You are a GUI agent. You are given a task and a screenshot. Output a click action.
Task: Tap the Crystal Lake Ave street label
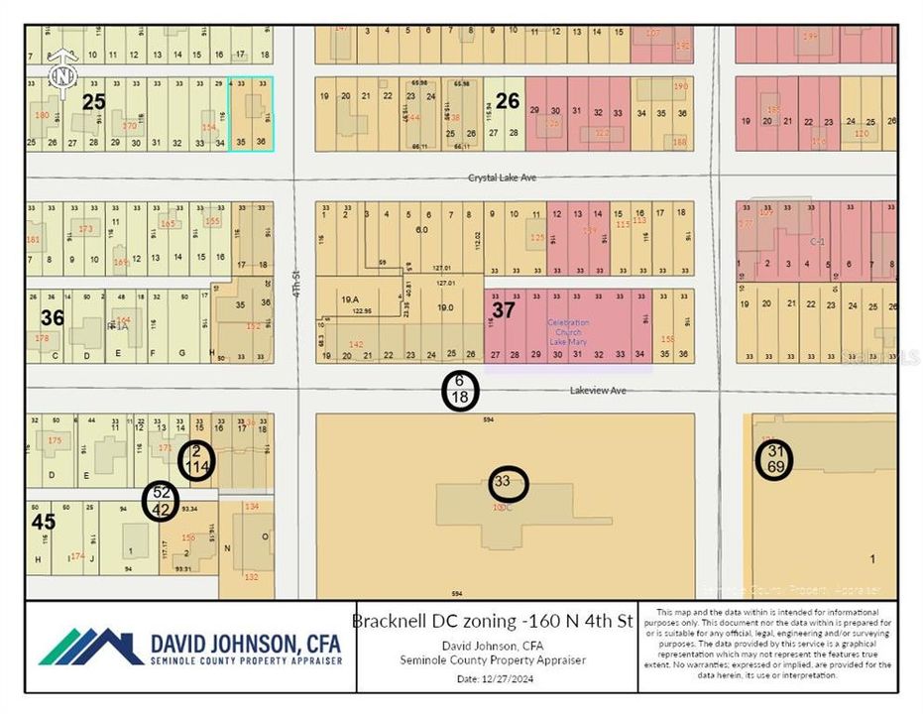(x=502, y=178)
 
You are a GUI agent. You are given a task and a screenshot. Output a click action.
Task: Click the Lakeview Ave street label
(x=598, y=391)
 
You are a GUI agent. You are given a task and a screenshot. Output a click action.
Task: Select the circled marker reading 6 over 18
(x=460, y=390)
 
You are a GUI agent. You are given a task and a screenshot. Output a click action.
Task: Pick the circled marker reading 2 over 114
(x=196, y=459)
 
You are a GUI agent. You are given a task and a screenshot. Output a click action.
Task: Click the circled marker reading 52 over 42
(x=160, y=500)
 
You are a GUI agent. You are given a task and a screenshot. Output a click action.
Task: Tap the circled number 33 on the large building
(x=508, y=483)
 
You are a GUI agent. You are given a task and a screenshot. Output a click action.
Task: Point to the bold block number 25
(x=93, y=101)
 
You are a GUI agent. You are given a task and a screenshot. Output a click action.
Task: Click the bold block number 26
(x=507, y=100)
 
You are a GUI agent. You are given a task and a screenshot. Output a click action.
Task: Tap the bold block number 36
(x=52, y=317)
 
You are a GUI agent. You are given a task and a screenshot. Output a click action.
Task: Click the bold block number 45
(x=43, y=521)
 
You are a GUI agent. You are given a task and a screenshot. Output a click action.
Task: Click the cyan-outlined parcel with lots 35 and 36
(x=251, y=116)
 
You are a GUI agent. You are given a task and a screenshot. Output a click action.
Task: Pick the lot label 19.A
(x=349, y=297)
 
